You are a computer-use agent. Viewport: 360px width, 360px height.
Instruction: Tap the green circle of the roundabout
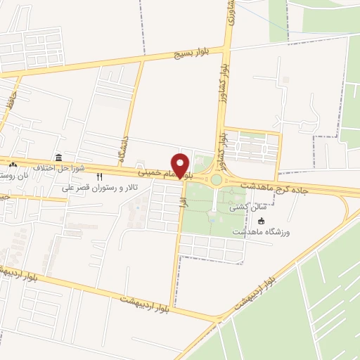pos(217,180)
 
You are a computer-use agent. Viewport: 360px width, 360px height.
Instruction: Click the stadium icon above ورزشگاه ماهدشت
pos(281,220)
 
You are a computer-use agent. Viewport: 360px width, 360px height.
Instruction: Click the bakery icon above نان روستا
pos(13,165)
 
